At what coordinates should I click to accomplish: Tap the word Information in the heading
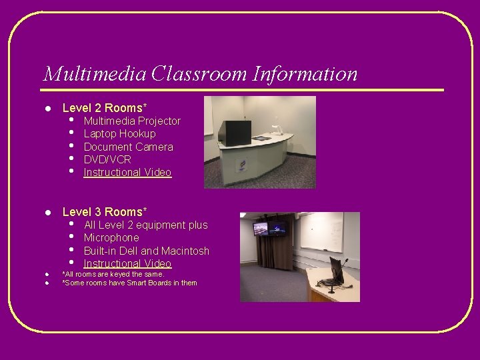305,73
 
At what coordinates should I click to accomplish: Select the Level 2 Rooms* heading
104,107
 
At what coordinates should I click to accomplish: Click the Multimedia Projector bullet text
132,121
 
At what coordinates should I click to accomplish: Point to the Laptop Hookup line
119,133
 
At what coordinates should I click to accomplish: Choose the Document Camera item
128,147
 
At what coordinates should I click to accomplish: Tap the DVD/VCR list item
107,159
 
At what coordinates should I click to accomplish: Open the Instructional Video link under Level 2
127,173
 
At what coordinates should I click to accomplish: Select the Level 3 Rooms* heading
104,212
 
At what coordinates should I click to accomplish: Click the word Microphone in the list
111,238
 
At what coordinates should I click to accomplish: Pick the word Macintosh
185,251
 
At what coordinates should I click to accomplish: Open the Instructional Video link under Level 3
127,264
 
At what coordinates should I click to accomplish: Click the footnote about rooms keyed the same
113,274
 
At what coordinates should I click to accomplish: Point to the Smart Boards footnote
129,283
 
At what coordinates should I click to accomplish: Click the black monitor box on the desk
235,133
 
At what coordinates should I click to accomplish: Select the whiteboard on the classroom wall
321,231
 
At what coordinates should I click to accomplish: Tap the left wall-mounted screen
260,229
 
